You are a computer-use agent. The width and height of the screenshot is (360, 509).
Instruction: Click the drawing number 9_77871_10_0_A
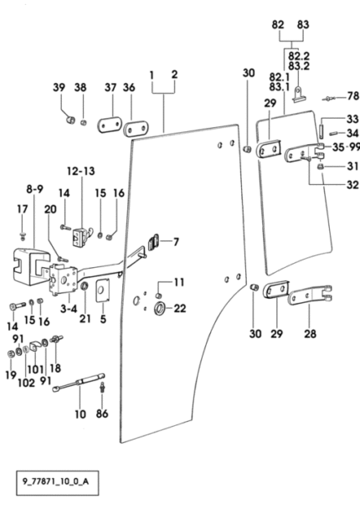click(x=55, y=481)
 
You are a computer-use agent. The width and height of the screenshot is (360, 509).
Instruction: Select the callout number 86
click(x=102, y=414)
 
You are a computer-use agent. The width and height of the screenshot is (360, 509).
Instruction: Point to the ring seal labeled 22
click(x=160, y=308)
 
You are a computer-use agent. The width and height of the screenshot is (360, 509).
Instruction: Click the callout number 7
click(x=176, y=242)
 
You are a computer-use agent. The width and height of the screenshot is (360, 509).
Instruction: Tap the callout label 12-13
click(x=81, y=171)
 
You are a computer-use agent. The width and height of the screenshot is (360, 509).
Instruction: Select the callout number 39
click(x=59, y=87)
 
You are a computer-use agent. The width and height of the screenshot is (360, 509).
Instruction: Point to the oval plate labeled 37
click(x=110, y=125)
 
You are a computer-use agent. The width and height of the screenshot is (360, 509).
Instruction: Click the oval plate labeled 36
click(x=136, y=129)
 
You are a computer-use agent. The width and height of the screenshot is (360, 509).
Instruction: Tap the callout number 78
click(x=352, y=96)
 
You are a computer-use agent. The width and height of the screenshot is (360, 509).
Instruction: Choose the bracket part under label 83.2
click(x=299, y=95)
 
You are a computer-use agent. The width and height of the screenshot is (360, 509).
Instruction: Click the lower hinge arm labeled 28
click(x=310, y=296)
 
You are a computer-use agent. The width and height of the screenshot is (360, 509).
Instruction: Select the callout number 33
click(x=352, y=119)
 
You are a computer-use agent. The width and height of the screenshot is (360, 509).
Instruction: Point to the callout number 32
click(x=352, y=185)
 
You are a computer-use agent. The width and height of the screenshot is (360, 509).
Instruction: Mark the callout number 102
click(x=26, y=383)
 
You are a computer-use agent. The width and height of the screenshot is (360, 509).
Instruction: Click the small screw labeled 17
click(x=23, y=235)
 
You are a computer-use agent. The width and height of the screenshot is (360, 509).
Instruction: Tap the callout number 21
click(x=85, y=319)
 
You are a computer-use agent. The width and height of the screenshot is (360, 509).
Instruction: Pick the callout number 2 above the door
click(x=175, y=75)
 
